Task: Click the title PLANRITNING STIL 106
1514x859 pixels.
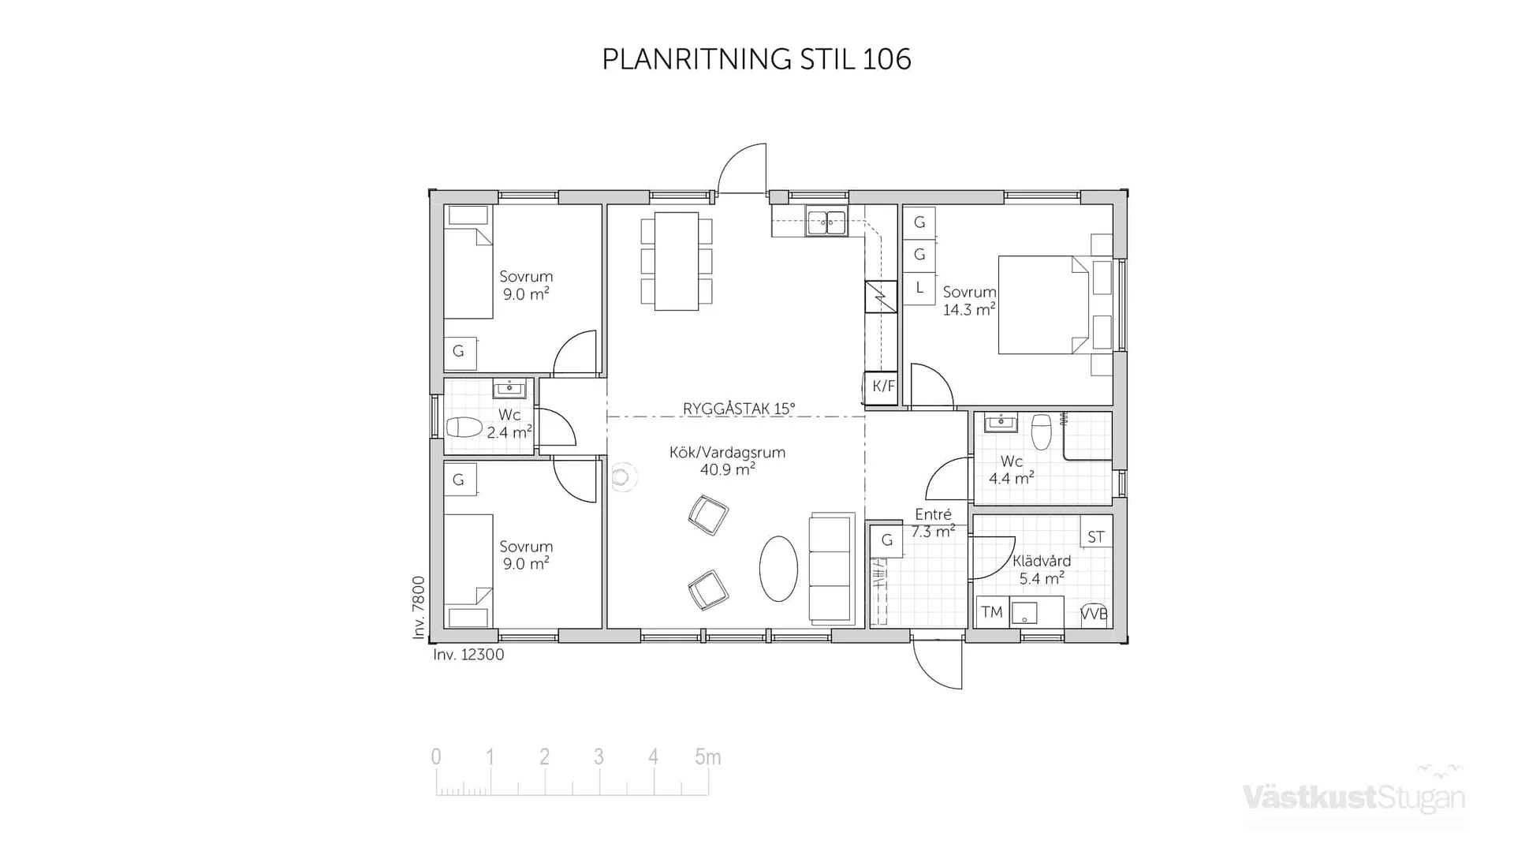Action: pos(756,59)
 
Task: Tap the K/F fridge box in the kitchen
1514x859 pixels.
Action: pos(882,387)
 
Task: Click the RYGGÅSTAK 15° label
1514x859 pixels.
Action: pos(739,409)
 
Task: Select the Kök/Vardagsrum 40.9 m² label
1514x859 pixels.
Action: pos(727,461)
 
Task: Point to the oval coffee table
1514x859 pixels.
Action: pos(778,569)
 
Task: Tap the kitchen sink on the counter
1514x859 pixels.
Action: pos(826,222)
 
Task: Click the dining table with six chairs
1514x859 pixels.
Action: pos(677,261)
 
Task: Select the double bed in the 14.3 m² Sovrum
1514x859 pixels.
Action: pos(1042,304)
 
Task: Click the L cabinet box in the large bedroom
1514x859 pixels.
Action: pos(919,289)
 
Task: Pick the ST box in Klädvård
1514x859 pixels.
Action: pos(1096,537)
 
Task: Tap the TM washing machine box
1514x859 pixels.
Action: pos(992,612)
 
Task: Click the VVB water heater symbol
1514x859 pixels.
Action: pos(1094,614)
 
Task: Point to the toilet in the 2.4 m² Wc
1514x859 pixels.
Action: pos(464,428)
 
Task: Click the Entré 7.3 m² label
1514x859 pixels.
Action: pos(933,523)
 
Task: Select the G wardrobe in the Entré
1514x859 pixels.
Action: pos(887,540)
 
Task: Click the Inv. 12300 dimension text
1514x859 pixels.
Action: pos(468,655)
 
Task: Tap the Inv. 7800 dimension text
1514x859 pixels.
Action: pos(419,607)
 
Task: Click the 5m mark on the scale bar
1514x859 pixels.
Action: pos(707,757)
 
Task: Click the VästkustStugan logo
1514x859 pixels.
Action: pos(1353,797)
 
